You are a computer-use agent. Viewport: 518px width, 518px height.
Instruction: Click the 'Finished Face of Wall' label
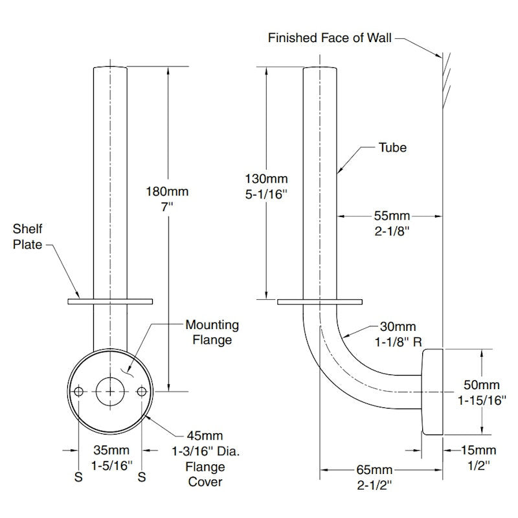330,38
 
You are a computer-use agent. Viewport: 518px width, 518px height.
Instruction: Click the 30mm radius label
398,327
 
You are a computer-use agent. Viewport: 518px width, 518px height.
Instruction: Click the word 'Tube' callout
392,148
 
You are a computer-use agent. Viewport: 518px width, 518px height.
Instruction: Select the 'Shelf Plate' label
29,236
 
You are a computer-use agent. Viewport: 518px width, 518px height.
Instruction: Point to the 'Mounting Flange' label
212,332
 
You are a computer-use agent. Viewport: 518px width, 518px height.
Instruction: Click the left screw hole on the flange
79,392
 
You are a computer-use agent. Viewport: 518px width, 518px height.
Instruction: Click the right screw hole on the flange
142,392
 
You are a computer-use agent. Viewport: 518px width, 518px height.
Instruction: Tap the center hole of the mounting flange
111,392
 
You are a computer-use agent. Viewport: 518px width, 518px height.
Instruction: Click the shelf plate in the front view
109,301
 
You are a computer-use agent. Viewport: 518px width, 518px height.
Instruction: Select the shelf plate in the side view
319,301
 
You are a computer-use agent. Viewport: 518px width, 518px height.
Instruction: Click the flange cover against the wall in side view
432,391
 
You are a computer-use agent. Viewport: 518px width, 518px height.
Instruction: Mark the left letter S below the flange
79,476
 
